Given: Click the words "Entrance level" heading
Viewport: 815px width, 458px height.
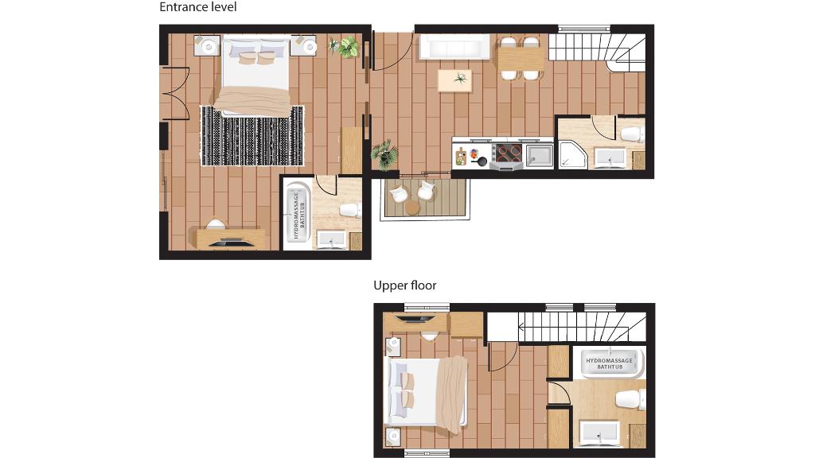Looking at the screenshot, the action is (x=197, y=7).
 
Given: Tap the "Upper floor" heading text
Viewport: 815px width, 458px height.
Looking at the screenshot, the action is (x=405, y=285).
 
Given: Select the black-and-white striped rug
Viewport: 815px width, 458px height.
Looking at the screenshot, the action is (x=252, y=136).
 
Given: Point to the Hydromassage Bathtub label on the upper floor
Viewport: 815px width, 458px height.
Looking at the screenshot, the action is (x=610, y=363).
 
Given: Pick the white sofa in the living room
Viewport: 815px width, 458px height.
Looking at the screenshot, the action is (x=454, y=47).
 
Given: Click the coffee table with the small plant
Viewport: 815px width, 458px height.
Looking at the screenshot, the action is (x=454, y=80).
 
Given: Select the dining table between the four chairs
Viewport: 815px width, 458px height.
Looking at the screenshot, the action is (x=521, y=57).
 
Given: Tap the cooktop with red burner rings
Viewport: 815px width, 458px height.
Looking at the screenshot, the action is (x=509, y=153).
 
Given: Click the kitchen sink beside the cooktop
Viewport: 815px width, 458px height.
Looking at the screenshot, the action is (x=540, y=156).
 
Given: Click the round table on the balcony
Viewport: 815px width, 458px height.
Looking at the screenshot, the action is (x=412, y=208).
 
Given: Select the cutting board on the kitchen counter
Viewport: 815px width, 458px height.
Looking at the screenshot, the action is (x=461, y=157).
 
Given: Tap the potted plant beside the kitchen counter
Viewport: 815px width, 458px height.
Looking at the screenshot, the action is (x=385, y=154).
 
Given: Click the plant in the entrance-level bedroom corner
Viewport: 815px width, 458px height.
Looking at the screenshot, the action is (x=345, y=47).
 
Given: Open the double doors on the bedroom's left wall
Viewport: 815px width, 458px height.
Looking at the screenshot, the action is (x=175, y=94).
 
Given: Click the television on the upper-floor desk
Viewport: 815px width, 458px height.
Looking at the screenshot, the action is (x=415, y=319).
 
